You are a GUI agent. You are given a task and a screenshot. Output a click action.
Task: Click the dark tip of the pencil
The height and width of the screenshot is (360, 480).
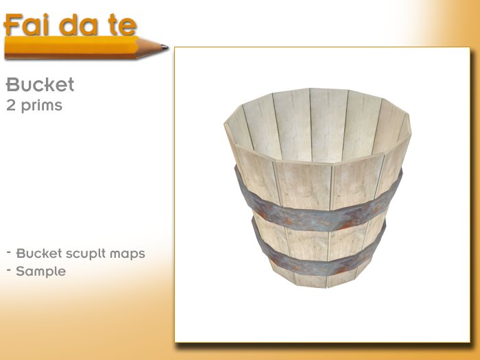(x=165, y=47)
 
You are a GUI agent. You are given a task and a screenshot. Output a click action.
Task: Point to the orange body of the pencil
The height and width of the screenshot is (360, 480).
(x=69, y=47)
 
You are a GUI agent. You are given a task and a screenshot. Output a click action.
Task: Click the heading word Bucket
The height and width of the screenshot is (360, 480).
(x=40, y=85)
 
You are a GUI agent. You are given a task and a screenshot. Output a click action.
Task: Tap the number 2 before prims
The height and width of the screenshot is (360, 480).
(x=10, y=106)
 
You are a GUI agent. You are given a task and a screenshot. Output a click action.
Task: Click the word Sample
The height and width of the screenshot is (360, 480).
(x=41, y=271)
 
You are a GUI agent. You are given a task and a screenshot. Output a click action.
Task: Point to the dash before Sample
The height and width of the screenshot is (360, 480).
(x=9, y=269)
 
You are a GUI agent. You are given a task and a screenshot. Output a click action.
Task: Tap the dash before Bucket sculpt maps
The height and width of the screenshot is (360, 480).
(x=9, y=251)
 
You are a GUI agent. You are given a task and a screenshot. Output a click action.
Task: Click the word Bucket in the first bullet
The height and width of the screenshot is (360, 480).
(x=35, y=253)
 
